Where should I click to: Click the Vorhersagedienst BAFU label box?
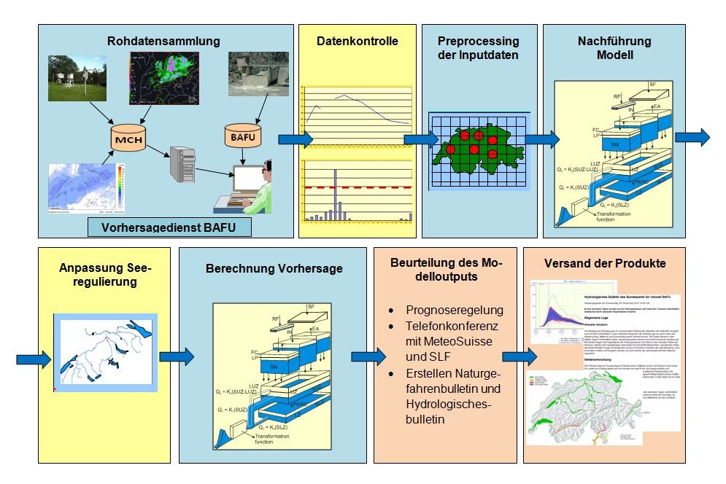point(169,227)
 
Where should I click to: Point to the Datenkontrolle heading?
point(357,42)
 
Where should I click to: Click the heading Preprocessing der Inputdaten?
point(478,48)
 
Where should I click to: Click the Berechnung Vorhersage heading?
point(273,268)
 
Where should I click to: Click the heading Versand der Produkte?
point(605,263)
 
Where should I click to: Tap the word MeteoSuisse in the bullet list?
point(443,343)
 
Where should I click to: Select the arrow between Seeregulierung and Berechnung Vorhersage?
point(175,357)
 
